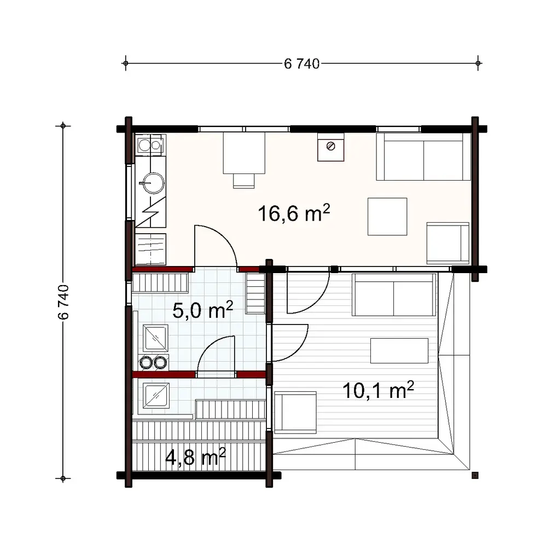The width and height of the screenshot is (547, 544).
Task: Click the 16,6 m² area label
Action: tap(294, 213)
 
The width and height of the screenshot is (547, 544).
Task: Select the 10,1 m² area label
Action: tap(378, 390)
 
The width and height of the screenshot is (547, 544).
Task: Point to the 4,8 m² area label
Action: tap(195, 457)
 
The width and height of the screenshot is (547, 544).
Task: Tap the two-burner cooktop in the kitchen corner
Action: tap(150, 145)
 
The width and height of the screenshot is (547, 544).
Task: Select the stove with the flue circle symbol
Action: tap(331, 147)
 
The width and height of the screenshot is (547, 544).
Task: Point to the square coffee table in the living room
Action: tap(387, 217)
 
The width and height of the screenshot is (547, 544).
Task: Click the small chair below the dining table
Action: tap(244, 180)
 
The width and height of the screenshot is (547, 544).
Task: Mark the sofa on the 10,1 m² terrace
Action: tap(394, 295)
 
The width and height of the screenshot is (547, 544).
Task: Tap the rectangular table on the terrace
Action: tap(399, 351)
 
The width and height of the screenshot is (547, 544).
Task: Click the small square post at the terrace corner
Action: tap(475, 474)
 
